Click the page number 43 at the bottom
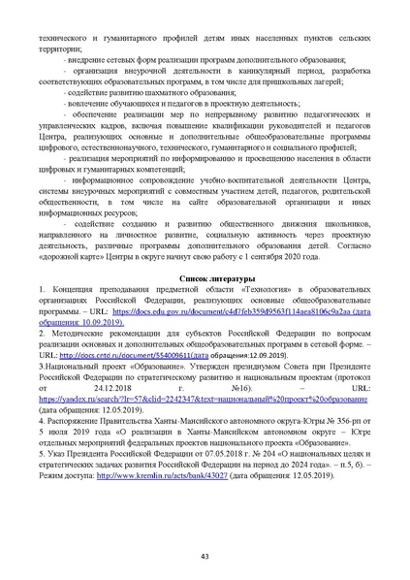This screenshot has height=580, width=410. tap(205, 556)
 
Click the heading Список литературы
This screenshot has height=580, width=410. tap(205, 278)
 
